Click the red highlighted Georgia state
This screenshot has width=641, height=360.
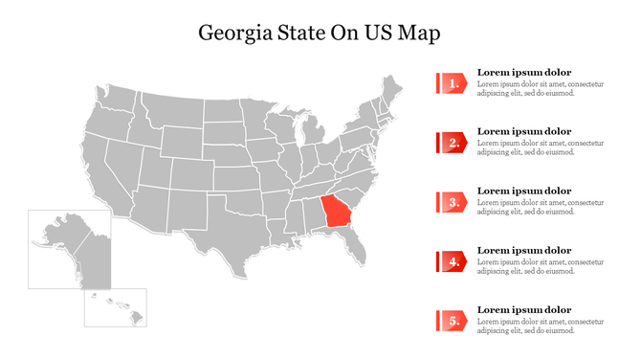pos(336,211)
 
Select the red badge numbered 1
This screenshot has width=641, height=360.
pos(452,83)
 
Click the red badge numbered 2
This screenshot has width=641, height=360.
pos(452,143)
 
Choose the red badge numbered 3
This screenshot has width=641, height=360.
pos(452,202)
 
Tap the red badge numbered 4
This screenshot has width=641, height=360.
pos(452,261)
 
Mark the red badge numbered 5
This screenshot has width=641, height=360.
pos(452,321)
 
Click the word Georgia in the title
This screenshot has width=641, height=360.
pos(234,34)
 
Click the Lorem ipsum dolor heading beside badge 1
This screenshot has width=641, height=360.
pos(523,72)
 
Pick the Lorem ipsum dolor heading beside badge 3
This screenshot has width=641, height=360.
pos(523,191)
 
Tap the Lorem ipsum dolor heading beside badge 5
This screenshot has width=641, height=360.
pos(523,309)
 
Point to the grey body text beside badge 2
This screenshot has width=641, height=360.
pos(541,147)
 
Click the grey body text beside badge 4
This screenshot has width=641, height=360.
pos(541,266)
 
